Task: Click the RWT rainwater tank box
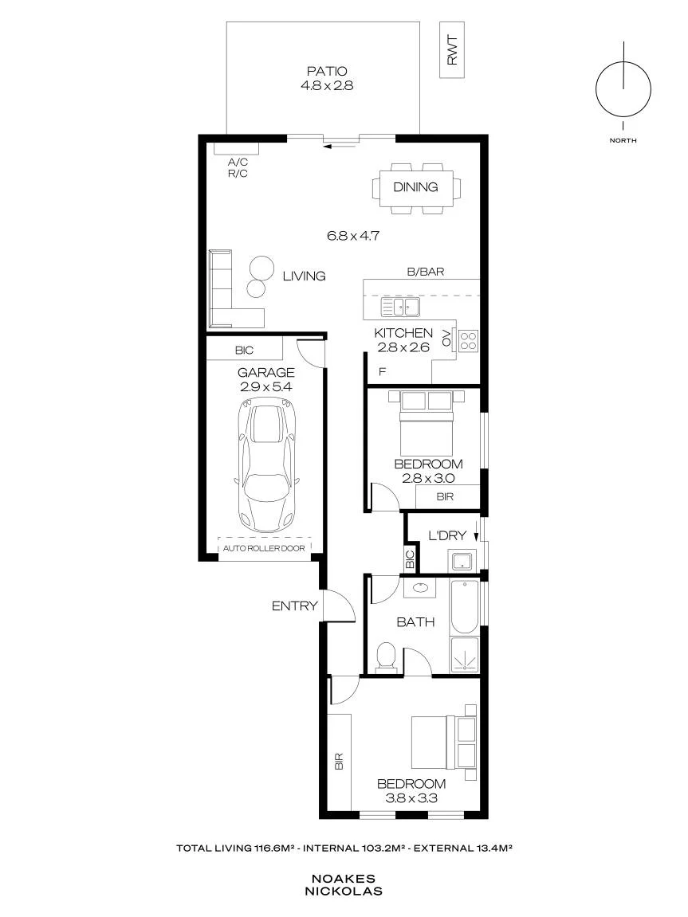pyautogui.click(x=452, y=49)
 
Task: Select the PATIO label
pyautogui.click(x=327, y=72)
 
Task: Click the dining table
pyautogui.click(x=416, y=188)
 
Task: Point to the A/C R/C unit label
pyautogui.click(x=238, y=168)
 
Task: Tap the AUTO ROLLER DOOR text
pyautogui.click(x=264, y=549)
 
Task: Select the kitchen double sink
pyautogui.click(x=401, y=307)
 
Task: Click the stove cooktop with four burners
pyautogui.click(x=468, y=341)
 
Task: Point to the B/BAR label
pyautogui.click(x=426, y=272)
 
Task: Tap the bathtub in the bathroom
pyautogui.click(x=465, y=606)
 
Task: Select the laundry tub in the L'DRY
pyautogui.click(x=465, y=561)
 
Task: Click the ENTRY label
pyautogui.click(x=294, y=606)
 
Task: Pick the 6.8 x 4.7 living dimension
pyautogui.click(x=353, y=237)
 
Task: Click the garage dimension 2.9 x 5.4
pyautogui.click(x=265, y=386)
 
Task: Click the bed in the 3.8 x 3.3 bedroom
pyautogui.click(x=443, y=743)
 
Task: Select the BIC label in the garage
pyautogui.click(x=244, y=351)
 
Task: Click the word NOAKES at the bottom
pyautogui.click(x=344, y=879)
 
